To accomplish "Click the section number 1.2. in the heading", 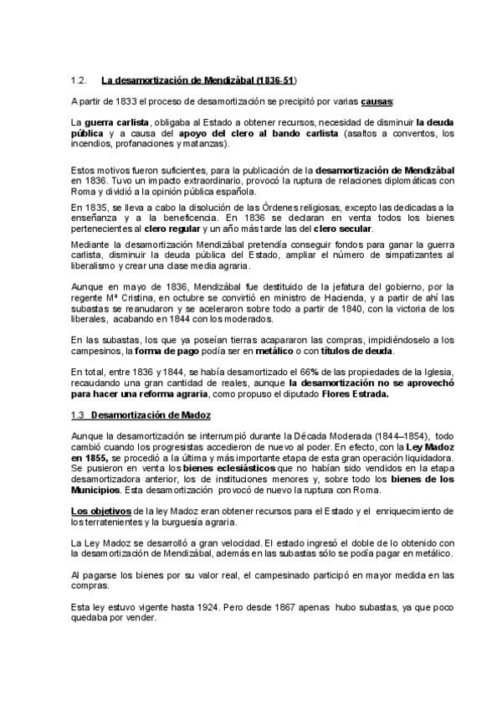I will click(80, 80).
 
